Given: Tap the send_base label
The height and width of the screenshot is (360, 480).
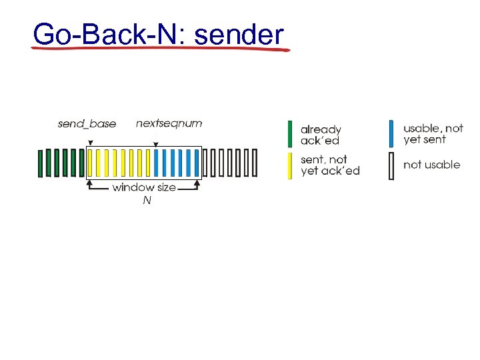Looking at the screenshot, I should point(87,124).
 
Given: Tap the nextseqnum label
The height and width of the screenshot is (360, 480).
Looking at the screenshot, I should point(169,123).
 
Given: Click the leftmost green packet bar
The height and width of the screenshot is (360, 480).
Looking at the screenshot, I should point(40,163).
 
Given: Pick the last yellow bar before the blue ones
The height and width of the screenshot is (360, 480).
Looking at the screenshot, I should point(147,163).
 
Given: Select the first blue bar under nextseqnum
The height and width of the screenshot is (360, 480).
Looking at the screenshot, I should point(156,163).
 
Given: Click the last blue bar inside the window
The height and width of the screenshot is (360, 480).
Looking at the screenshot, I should point(197,163).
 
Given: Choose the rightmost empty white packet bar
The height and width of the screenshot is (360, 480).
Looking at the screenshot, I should point(254,163).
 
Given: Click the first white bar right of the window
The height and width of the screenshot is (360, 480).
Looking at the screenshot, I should point(205,163).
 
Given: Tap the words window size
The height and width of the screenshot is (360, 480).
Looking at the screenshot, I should point(144,187).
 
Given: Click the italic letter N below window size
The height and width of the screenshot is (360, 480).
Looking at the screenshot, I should point(147,200).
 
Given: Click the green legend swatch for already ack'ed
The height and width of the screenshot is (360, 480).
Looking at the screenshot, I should point(290,134).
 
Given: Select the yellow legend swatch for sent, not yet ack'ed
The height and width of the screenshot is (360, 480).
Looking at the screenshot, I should point(290,165).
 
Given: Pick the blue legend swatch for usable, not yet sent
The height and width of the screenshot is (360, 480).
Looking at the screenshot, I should point(392,133).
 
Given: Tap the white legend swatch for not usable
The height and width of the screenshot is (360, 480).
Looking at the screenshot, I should point(392,165).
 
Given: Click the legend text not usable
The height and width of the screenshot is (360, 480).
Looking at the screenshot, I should point(431,165).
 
